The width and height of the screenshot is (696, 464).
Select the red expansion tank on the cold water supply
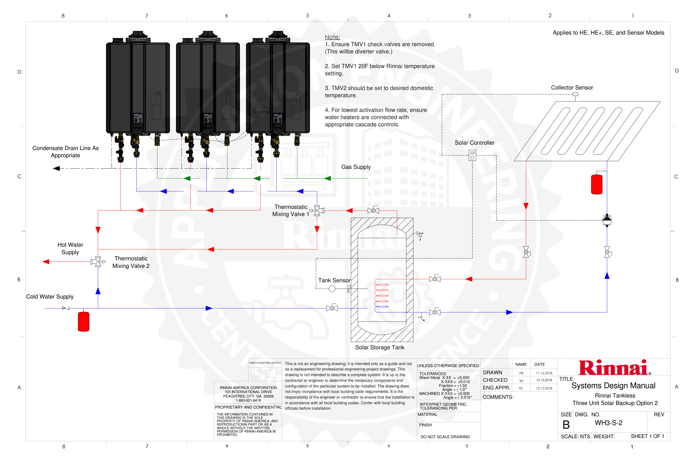pos(84,322)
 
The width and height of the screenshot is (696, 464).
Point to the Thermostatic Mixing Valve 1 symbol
pos(317,210)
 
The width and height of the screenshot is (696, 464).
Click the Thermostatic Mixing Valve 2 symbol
pos(98,262)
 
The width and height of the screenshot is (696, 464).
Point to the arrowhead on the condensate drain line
pos(56,168)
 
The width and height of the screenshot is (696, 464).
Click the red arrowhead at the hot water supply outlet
pos(46,262)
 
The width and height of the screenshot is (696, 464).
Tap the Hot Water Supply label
pos(70,248)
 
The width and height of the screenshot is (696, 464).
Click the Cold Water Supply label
pos(50,296)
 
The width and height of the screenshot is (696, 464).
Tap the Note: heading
pos(332,37)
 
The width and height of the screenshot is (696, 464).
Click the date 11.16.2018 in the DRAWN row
pos(544,373)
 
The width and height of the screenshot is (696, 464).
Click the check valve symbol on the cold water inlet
pos(66,308)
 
